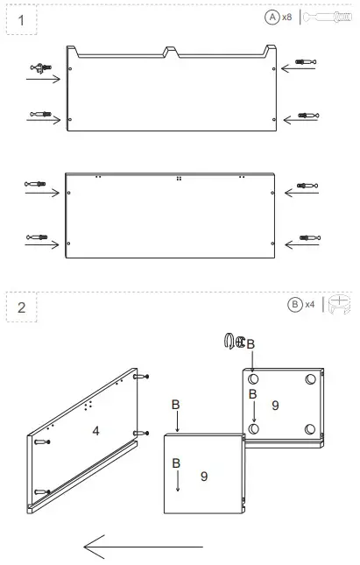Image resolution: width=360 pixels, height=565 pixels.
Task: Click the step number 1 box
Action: pyautogui.click(x=21, y=18)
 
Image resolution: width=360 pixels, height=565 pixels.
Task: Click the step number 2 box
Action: pyautogui.click(x=21, y=307)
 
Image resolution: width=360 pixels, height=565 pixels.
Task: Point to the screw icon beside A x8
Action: pyautogui.click(x=326, y=17)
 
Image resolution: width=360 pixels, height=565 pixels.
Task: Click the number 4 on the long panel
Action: pyautogui.click(x=95, y=431)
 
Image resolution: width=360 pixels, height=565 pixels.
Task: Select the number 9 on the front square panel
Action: pyautogui.click(x=203, y=476)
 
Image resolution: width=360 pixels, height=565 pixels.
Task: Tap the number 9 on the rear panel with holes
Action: pyautogui.click(x=274, y=406)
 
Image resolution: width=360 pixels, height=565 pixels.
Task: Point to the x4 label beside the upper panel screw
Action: pyautogui.click(x=313, y=62)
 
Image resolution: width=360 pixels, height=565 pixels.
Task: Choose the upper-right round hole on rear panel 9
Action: pyautogui.click(x=311, y=380)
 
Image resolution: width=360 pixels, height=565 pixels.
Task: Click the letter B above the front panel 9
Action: pyautogui.click(x=176, y=405)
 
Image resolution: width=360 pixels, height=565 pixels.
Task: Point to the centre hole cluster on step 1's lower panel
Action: pyautogui.click(x=178, y=178)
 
